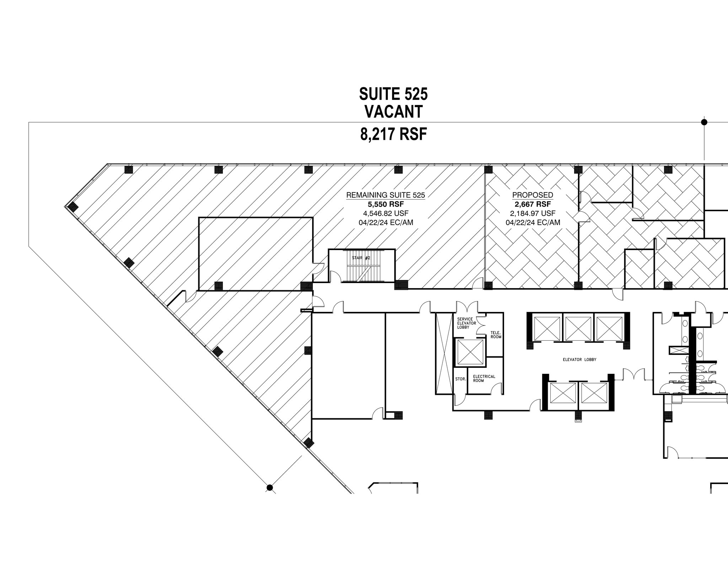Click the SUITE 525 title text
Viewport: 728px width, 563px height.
(393, 94)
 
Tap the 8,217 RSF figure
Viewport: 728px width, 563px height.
(393, 134)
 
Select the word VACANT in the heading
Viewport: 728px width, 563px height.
(393, 112)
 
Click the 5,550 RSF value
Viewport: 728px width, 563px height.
(385, 204)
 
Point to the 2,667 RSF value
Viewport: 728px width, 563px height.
(532, 204)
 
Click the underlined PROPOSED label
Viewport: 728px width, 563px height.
(532, 195)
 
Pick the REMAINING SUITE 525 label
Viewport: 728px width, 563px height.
(385, 195)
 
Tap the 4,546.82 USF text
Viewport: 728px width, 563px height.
(385, 213)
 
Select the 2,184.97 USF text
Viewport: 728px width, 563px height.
(532, 213)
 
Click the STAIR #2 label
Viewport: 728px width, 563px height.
(361, 257)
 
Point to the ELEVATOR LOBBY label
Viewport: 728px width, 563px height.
(579, 360)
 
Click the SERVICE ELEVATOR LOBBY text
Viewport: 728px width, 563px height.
(465, 323)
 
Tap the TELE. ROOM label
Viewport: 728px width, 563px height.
(496, 335)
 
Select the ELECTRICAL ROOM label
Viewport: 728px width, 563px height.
(484, 378)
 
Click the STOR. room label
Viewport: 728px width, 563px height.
(460, 379)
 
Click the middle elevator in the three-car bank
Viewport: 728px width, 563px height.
(578, 329)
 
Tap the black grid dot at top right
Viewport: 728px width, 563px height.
(704, 122)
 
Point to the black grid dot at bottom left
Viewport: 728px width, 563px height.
(269, 487)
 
